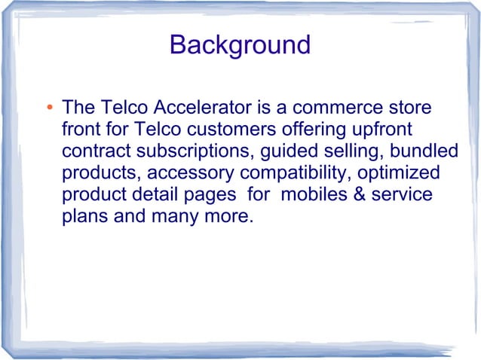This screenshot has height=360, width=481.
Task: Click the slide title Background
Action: [x=240, y=44]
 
